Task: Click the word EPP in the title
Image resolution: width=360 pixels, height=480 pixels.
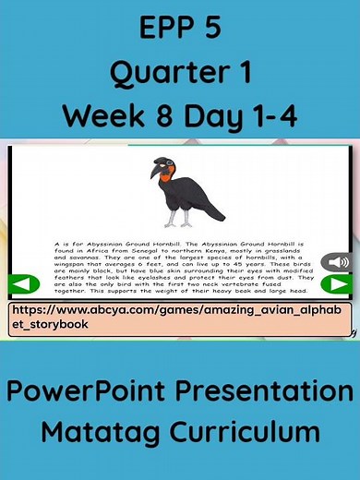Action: tap(161, 30)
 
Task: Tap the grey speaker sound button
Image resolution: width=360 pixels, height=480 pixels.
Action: tap(334, 262)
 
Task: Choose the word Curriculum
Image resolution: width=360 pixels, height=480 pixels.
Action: tap(246, 431)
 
